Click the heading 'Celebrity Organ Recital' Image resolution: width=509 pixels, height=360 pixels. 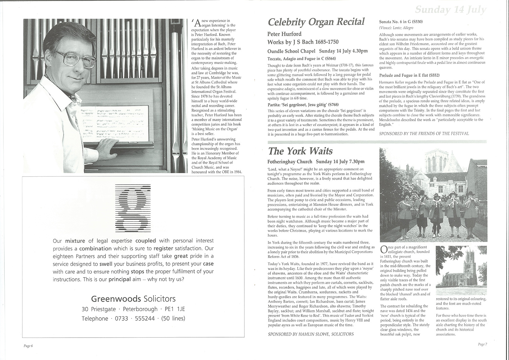click(x=316, y=22)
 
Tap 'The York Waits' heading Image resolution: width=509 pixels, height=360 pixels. click(x=300, y=151)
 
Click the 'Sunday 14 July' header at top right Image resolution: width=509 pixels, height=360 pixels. click(x=450, y=10)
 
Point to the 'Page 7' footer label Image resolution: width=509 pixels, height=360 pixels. click(x=482, y=344)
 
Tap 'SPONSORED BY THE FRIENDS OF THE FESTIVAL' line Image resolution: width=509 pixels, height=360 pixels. click(x=424, y=133)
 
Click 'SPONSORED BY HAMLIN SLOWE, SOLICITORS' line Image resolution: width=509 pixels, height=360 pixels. click(x=311, y=334)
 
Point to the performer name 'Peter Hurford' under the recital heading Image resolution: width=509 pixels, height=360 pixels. click(x=284, y=34)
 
